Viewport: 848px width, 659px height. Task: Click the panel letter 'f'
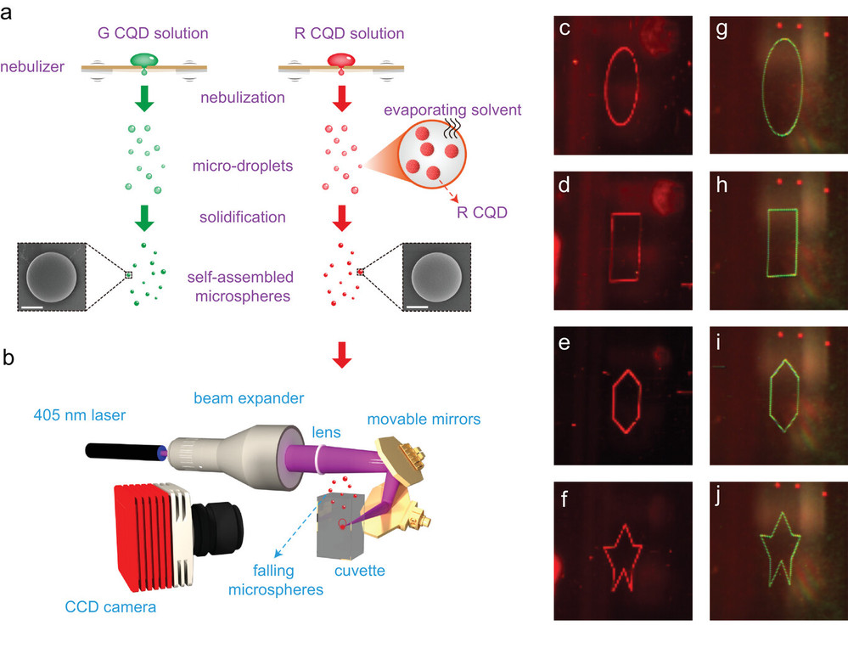(x=564, y=498)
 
